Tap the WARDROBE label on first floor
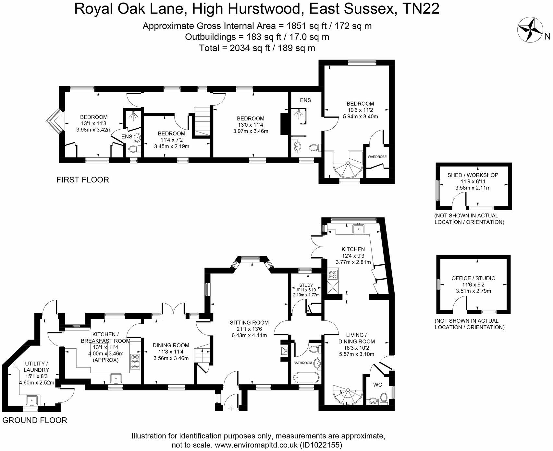pyautogui.click(x=377, y=157)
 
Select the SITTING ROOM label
pyautogui.click(x=249, y=322)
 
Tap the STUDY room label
pyautogui.click(x=306, y=285)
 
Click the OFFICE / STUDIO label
pyautogui.click(x=473, y=278)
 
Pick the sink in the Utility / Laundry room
pyautogui.click(x=32, y=400)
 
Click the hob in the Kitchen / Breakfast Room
pyautogui.click(x=135, y=362)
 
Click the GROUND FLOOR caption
pyautogui.click(x=34, y=421)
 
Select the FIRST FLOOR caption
pyautogui.click(x=82, y=180)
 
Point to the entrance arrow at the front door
pyautogui.click(x=231, y=409)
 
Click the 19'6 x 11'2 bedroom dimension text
pyautogui.click(x=360, y=110)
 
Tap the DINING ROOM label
pyautogui.click(x=171, y=345)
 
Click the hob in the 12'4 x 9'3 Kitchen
pyautogui.click(x=333, y=275)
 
